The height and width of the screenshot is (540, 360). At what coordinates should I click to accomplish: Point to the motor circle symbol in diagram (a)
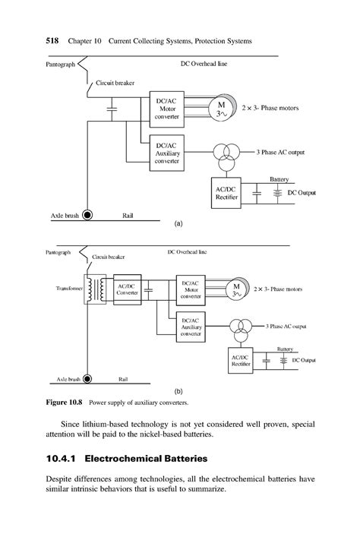[222, 109]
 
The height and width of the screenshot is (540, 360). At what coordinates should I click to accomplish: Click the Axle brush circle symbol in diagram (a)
[88, 215]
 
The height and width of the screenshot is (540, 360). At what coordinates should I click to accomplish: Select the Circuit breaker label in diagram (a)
[115, 82]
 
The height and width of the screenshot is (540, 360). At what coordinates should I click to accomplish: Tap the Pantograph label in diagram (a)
[61, 65]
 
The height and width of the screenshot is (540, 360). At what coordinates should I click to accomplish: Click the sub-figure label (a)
[179, 225]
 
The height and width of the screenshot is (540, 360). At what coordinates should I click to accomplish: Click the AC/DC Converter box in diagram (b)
[126, 289]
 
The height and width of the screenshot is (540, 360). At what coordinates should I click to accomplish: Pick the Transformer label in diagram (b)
[68, 289]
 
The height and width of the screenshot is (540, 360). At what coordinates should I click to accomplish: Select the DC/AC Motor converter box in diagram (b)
[191, 290]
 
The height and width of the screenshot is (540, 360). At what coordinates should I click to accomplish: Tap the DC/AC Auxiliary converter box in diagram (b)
[191, 326]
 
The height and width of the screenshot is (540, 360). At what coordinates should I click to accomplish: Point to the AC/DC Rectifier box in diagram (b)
[241, 360]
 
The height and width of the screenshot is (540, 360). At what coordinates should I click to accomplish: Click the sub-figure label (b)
[179, 390]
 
